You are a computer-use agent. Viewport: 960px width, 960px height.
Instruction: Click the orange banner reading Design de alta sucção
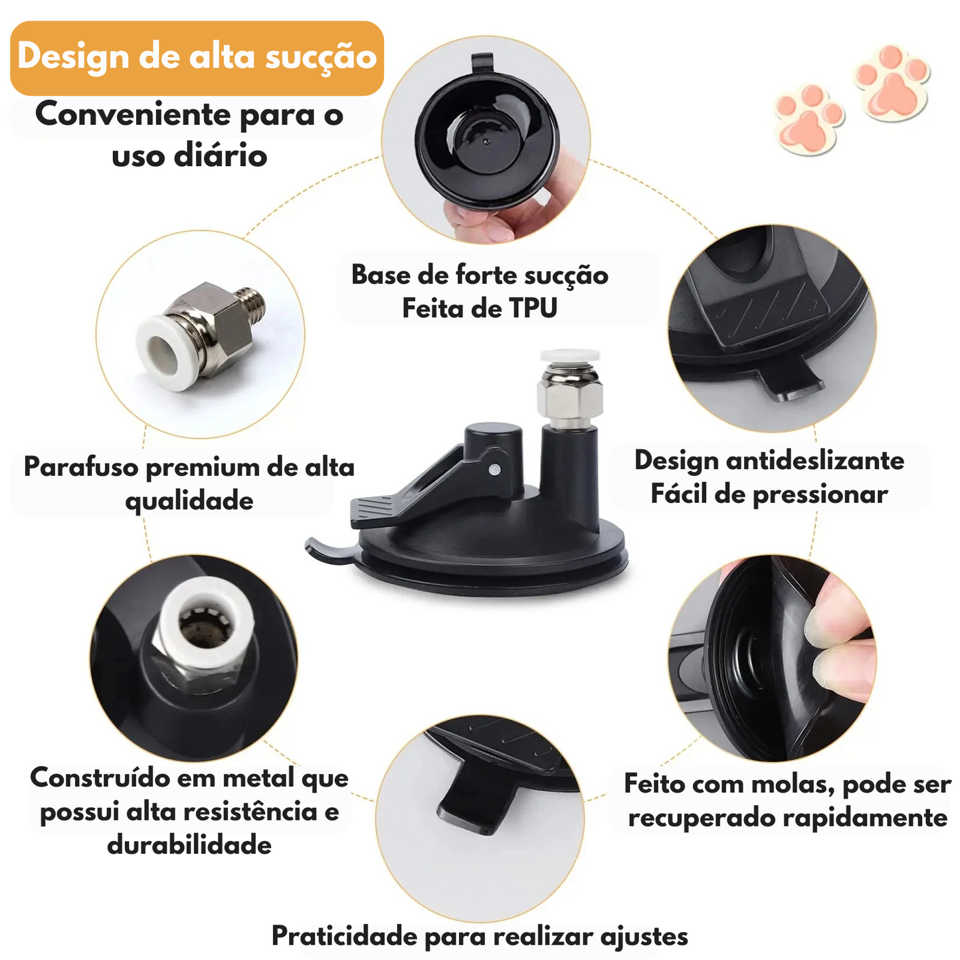point(197,58)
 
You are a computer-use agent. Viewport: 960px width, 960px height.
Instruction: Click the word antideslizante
point(815,461)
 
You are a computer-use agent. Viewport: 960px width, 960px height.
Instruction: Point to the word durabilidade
point(189,846)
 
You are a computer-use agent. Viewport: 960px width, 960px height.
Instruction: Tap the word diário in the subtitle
point(220,156)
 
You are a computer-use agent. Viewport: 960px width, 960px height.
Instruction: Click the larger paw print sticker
point(892,82)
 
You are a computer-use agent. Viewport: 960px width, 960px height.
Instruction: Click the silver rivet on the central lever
point(495,468)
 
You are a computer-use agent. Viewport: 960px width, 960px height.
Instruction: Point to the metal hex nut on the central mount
point(569,397)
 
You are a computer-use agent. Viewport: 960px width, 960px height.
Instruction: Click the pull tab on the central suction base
point(329,551)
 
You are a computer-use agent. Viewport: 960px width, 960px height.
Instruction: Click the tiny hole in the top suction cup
point(486,142)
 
